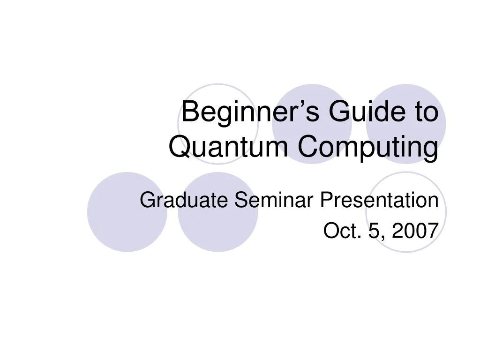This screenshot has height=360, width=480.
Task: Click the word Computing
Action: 368,147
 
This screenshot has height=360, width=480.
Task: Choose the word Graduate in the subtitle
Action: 184,201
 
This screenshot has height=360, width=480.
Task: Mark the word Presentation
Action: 379,201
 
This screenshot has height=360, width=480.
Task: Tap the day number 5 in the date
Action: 374,231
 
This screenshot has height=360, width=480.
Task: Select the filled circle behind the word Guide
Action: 312,94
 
